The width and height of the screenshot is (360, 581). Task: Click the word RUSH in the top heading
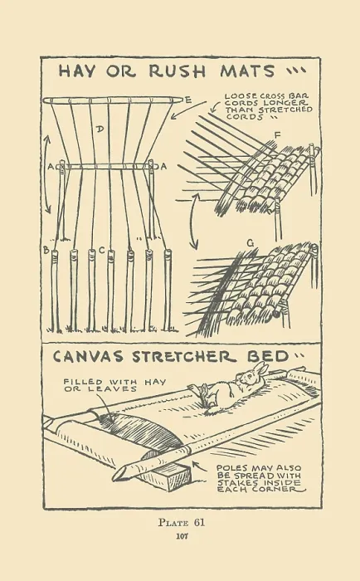177,71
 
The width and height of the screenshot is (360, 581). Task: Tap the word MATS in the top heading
247,71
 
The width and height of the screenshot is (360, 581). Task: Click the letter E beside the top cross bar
188,100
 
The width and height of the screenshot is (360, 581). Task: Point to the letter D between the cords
100,129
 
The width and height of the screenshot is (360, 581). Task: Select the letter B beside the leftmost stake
46,250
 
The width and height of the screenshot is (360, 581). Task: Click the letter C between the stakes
102,251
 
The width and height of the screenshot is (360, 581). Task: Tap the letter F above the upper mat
277,136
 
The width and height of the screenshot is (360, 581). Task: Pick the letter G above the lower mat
251,243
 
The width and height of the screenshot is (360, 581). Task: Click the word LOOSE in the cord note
237,96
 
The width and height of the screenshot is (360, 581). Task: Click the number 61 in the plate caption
199,523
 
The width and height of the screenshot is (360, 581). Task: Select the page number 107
182,536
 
